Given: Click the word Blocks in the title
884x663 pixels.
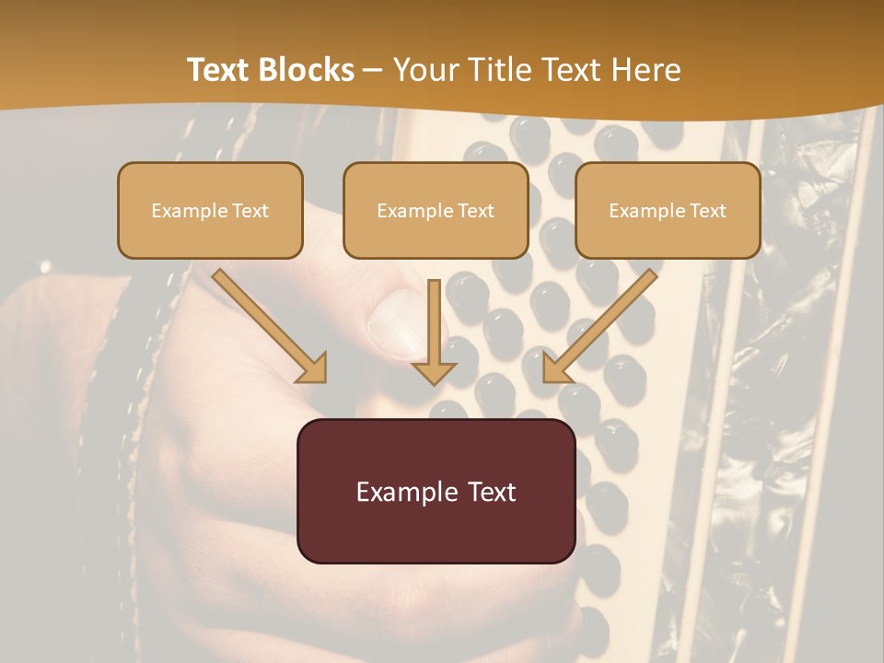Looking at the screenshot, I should point(309,70).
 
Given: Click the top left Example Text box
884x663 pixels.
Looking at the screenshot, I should point(210,210).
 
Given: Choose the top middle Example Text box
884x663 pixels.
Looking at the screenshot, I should point(436,210).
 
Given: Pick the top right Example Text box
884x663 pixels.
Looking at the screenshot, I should point(668,210).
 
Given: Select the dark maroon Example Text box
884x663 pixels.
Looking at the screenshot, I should point(436,491).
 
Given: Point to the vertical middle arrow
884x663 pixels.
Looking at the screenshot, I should point(434,331).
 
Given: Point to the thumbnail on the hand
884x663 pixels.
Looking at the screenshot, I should point(396,322).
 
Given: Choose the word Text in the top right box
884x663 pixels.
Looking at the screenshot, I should point(707,211).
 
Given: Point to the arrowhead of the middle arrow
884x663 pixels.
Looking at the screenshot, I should point(434,372).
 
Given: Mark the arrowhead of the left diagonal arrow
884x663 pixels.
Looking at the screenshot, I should point(312,367).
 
